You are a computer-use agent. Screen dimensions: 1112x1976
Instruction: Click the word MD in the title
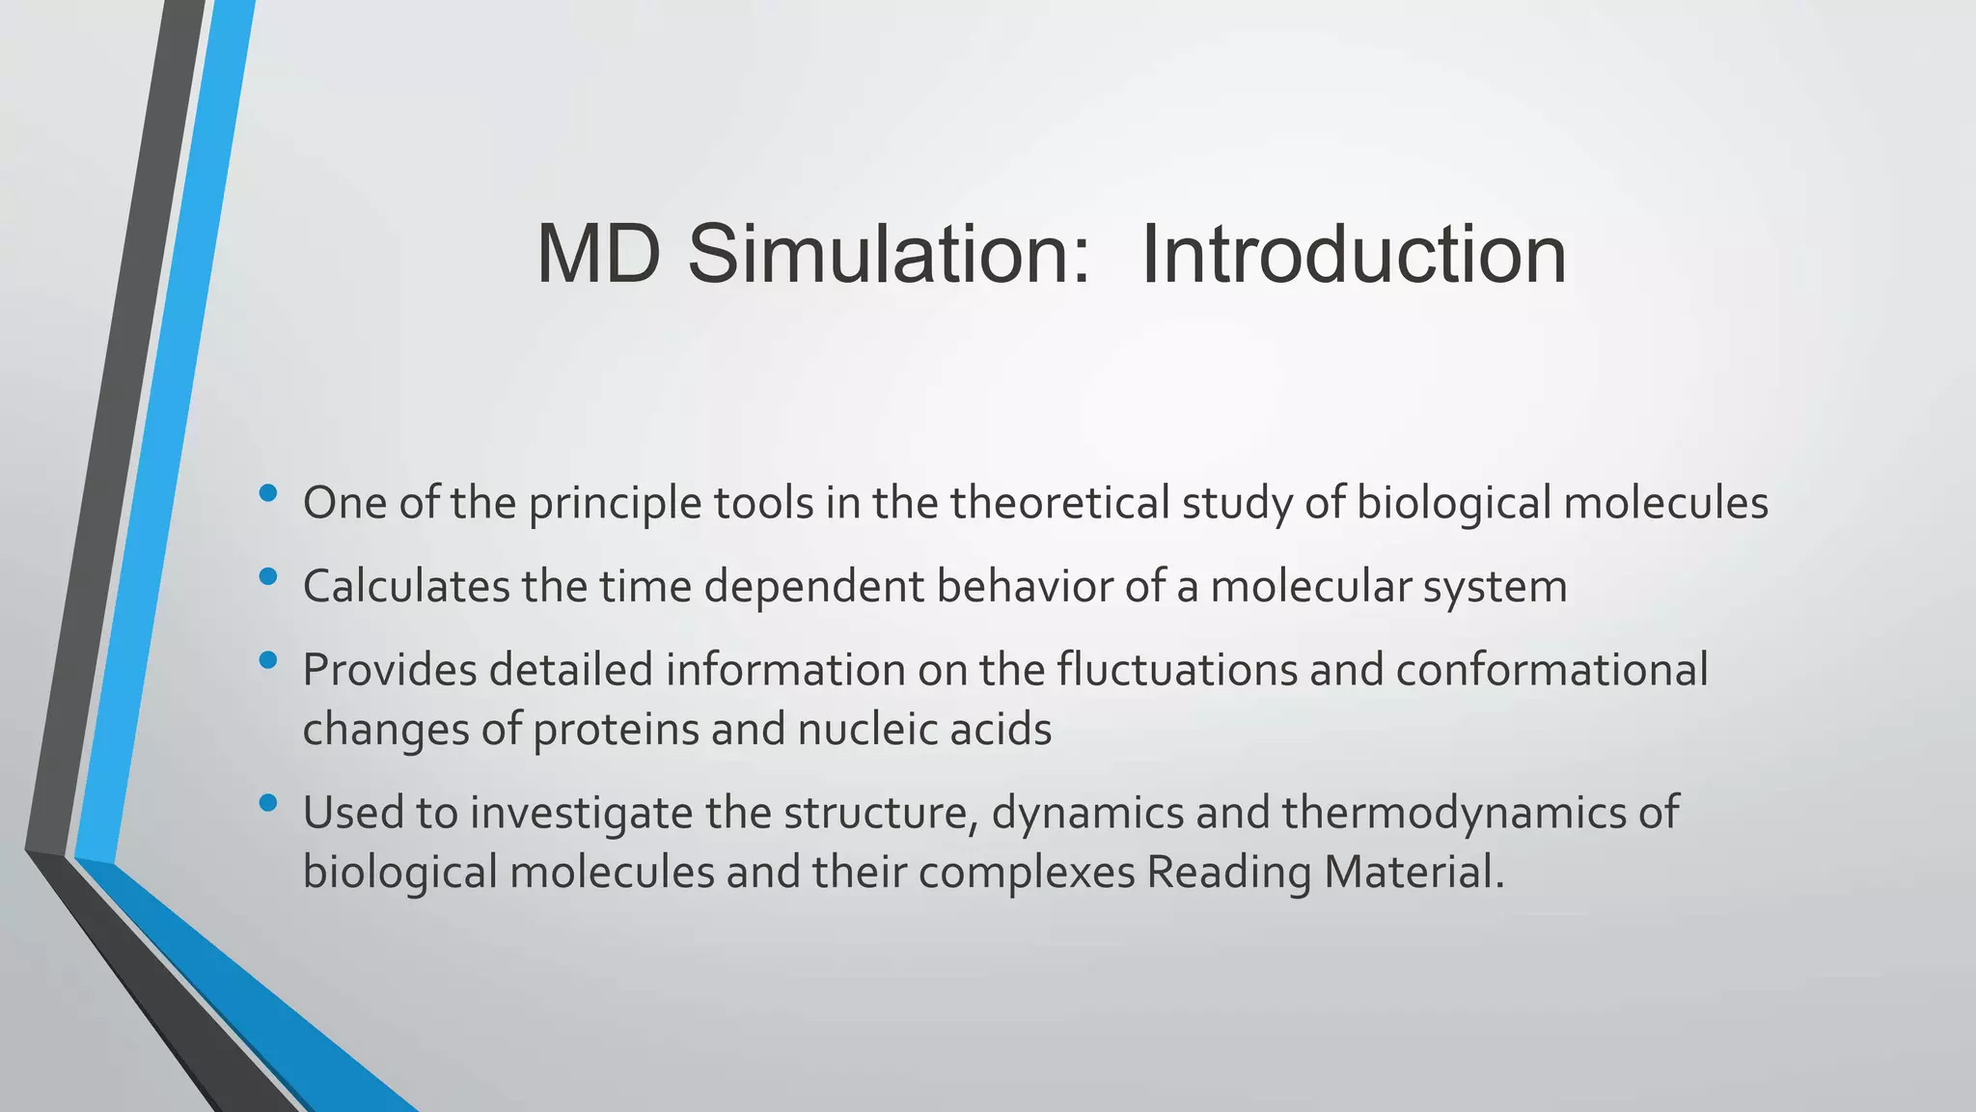[598, 255]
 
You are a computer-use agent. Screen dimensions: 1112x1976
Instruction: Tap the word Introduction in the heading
[1353, 255]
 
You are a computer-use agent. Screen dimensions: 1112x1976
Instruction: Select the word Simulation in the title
[889, 255]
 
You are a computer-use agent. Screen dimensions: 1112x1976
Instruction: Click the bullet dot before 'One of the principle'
[268, 494]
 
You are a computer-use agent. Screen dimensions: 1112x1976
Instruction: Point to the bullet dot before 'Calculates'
[268, 577]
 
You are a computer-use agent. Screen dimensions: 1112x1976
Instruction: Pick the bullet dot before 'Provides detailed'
[268, 661]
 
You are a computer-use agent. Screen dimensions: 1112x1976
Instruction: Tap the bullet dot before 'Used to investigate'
[268, 803]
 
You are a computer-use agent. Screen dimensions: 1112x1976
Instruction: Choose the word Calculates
[406, 587]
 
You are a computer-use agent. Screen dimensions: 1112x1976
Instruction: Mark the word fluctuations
[1177, 670]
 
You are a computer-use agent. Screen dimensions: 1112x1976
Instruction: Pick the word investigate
[581, 813]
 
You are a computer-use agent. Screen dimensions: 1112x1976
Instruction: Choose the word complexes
[1026, 874]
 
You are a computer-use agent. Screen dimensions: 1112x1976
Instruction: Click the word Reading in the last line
[1228, 874]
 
